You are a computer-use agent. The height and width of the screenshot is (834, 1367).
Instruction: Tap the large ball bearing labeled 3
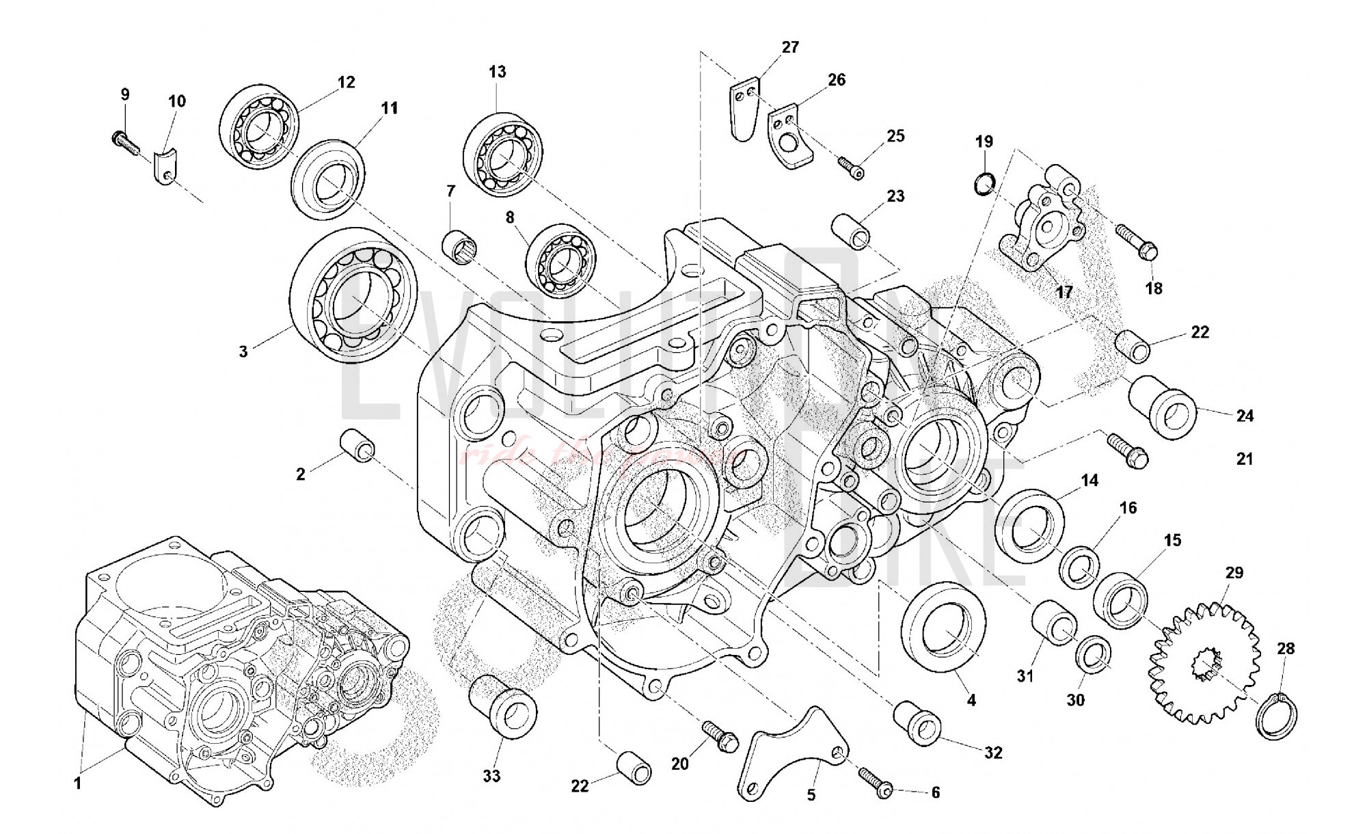click(x=354, y=293)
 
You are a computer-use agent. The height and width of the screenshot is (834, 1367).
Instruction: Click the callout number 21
click(x=1245, y=459)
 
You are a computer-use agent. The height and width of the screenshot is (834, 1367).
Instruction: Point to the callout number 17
click(x=1064, y=293)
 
